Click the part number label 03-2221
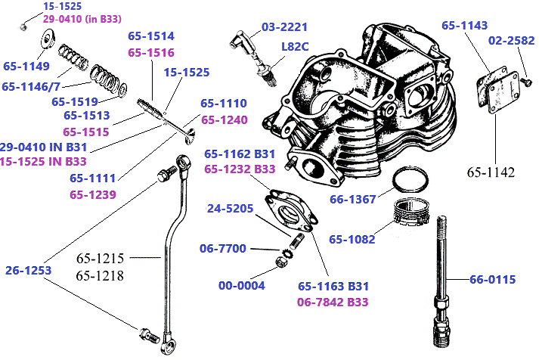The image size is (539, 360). click(285, 27)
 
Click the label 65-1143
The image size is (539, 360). click(464, 25)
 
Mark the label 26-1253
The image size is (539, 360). click(27, 269)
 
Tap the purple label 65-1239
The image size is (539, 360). click(93, 194)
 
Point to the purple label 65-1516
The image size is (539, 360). click(151, 53)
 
